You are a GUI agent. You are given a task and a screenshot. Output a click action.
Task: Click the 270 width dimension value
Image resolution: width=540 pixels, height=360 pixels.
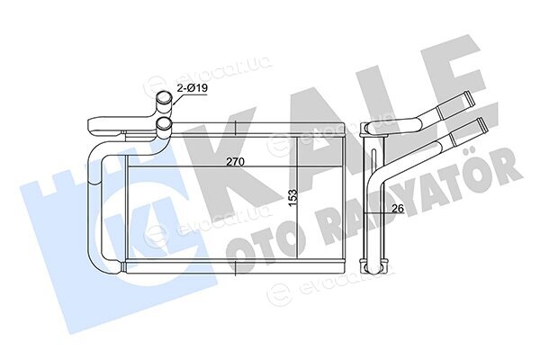tap(235, 162)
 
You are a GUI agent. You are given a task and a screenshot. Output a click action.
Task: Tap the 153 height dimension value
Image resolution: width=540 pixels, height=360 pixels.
tap(292, 198)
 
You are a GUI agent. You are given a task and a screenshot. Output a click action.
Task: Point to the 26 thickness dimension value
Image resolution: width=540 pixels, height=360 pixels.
tap(398, 208)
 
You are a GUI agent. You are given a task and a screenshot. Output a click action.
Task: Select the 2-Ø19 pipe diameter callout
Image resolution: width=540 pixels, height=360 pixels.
tap(193, 88)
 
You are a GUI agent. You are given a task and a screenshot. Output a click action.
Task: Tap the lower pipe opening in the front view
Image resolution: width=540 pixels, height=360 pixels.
tap(164, 123)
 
